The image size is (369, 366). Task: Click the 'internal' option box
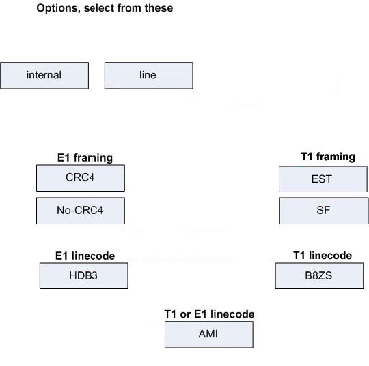(44, 76)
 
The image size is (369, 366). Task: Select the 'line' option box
(149, 76)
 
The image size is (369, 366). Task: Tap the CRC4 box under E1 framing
(81, 178)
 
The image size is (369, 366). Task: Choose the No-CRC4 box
(81, 211)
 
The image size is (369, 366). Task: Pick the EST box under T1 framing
(323, 179)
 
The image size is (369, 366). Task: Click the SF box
(324, 211)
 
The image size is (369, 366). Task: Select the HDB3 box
(84, 275)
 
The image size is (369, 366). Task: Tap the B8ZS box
(319, 275)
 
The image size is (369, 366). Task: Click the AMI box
(209, 334)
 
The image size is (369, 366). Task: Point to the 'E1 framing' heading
(85, 157)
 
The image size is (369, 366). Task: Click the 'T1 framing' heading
(328, 157)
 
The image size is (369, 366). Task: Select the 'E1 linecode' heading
(85, 256)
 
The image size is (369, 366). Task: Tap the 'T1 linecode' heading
(323, 255)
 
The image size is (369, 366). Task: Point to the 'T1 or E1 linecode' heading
(209, 314)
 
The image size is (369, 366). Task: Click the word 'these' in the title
(159, 8)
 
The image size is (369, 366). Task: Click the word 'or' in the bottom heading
(185, 315)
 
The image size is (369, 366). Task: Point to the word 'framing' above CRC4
(93, 157)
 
